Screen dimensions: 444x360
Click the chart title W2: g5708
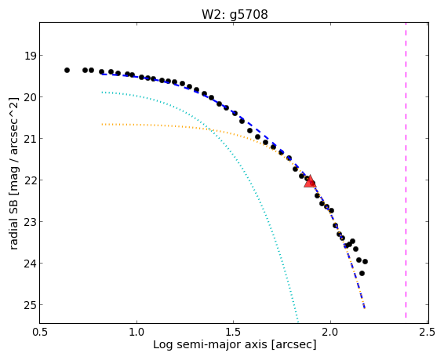235,14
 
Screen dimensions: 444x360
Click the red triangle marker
310,181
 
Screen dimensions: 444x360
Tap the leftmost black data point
67,70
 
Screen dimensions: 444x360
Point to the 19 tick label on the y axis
31,56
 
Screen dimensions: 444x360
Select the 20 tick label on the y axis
31,97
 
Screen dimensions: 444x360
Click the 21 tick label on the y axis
31,139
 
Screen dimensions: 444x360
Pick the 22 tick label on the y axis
31,180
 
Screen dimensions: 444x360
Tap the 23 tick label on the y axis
31,222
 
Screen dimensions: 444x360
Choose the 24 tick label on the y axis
31,264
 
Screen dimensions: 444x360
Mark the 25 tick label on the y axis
31,305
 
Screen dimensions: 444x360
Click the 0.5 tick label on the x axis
40,332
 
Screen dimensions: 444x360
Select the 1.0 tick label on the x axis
136,332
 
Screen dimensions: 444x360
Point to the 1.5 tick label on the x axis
233,332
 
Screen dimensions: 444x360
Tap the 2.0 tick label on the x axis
330,332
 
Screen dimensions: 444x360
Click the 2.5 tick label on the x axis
427,332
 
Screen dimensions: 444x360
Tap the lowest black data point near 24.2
362,274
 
